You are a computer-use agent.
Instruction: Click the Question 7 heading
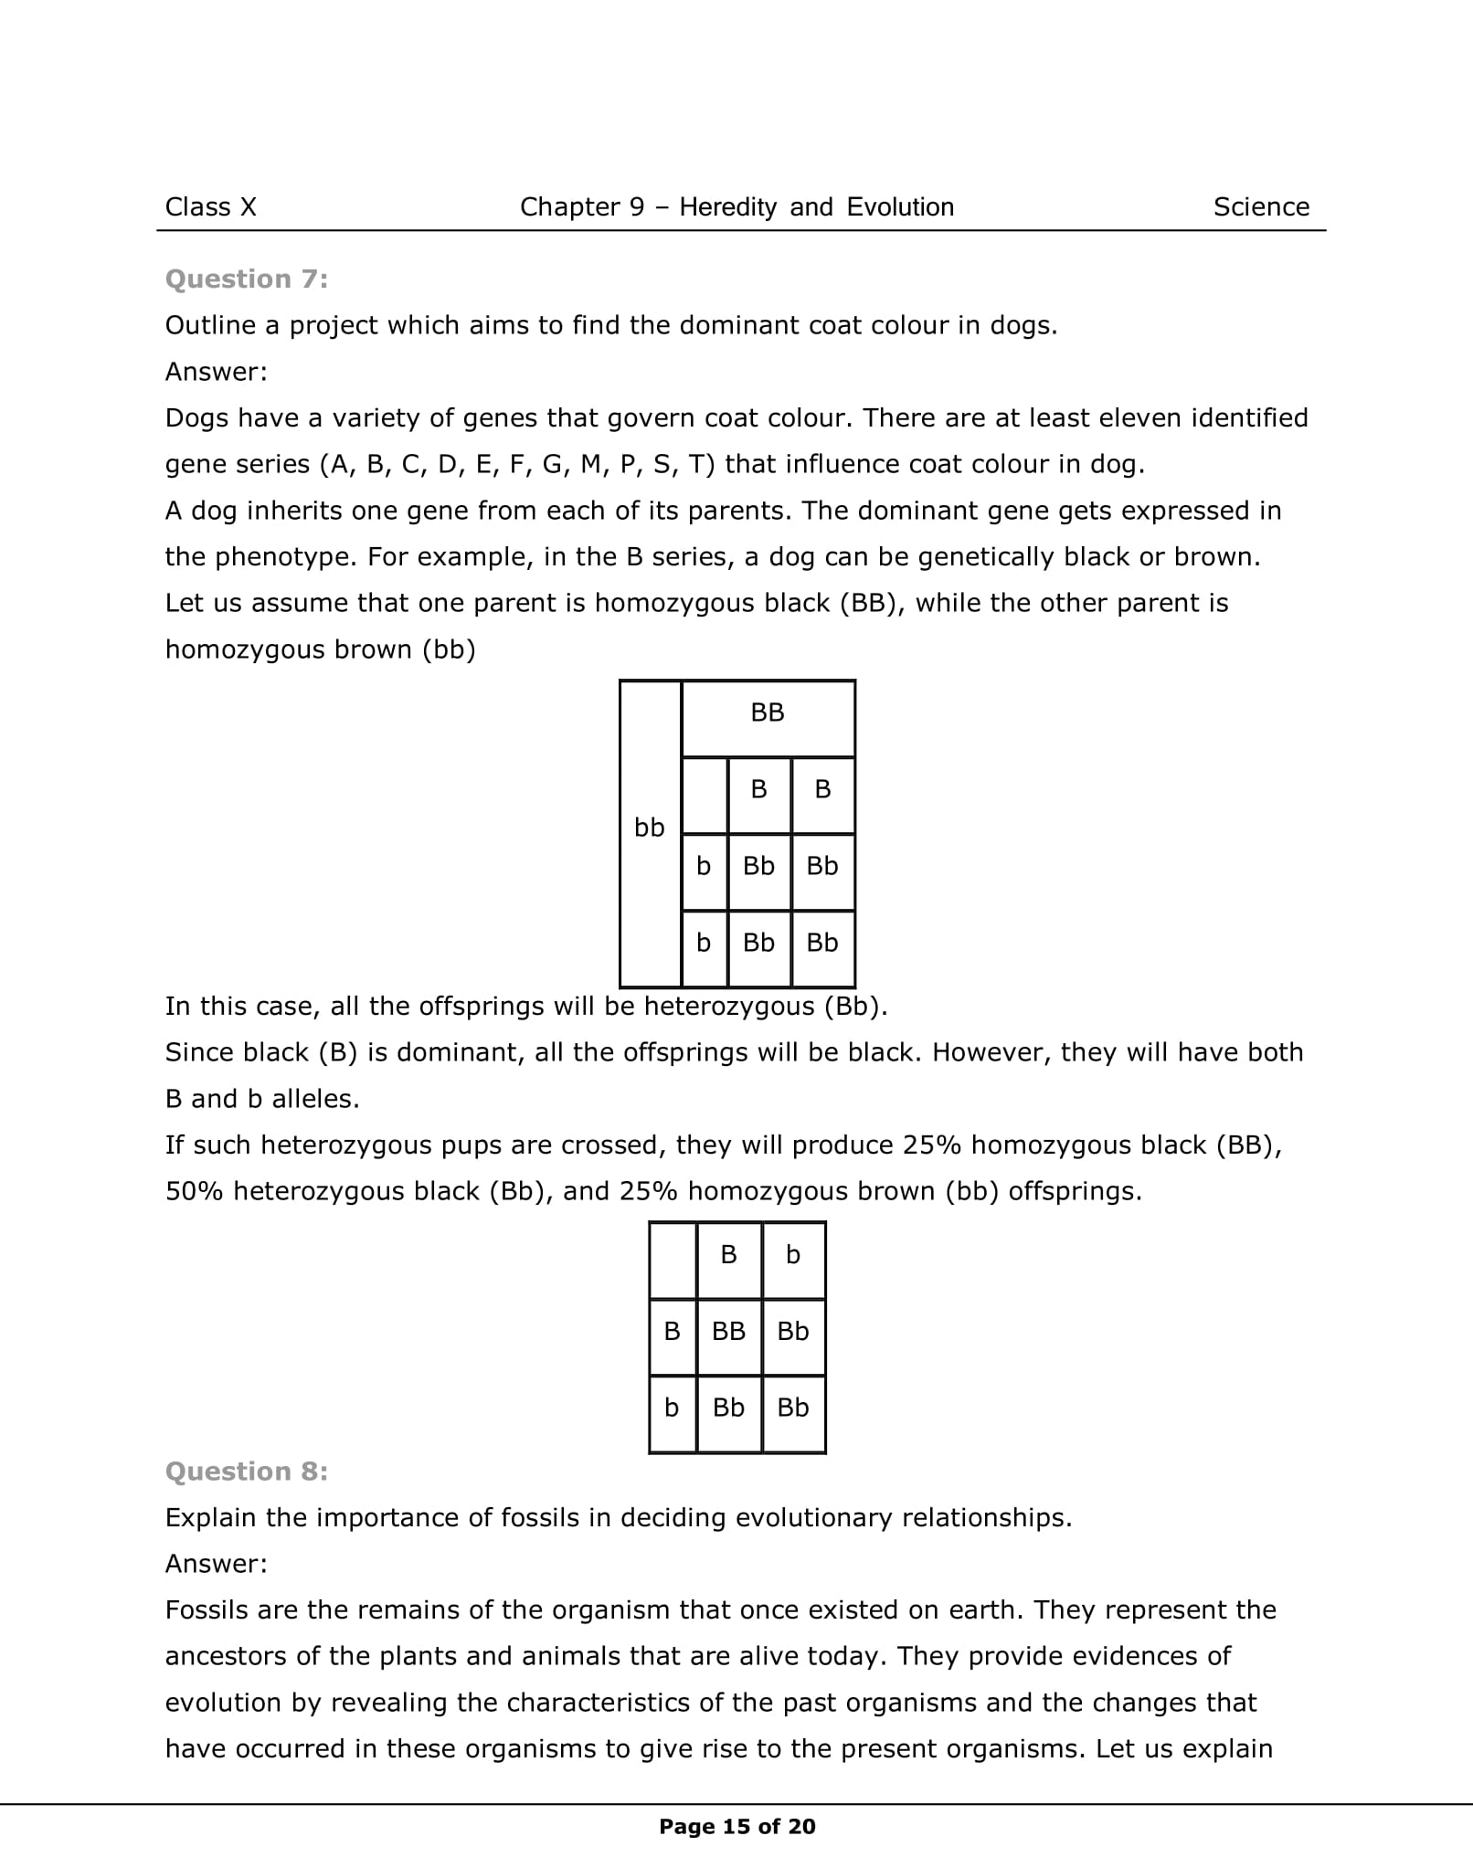(x=246, y=280)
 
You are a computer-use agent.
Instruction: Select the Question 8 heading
(x=246, y=1472)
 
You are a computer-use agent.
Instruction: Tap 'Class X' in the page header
(x=211, y=207)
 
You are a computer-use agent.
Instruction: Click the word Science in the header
(x=1261, y=207)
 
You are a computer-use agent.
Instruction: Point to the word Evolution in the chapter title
(x=900, y=207)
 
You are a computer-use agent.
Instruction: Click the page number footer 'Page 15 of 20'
(x=736, y=1827)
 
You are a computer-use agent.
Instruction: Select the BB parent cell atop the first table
(x=768, y=713)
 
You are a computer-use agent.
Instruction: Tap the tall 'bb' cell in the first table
(x=650, y=828)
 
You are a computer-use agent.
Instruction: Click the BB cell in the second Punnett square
(x=728, y=1332)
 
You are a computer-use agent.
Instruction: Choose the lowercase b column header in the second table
(x=793, y=1256)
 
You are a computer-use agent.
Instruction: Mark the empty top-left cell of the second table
(x=673, y=1260)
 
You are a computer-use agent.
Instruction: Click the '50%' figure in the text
(x=194, y=1192)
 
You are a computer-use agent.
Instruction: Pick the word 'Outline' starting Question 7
(x=210, y=326)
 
